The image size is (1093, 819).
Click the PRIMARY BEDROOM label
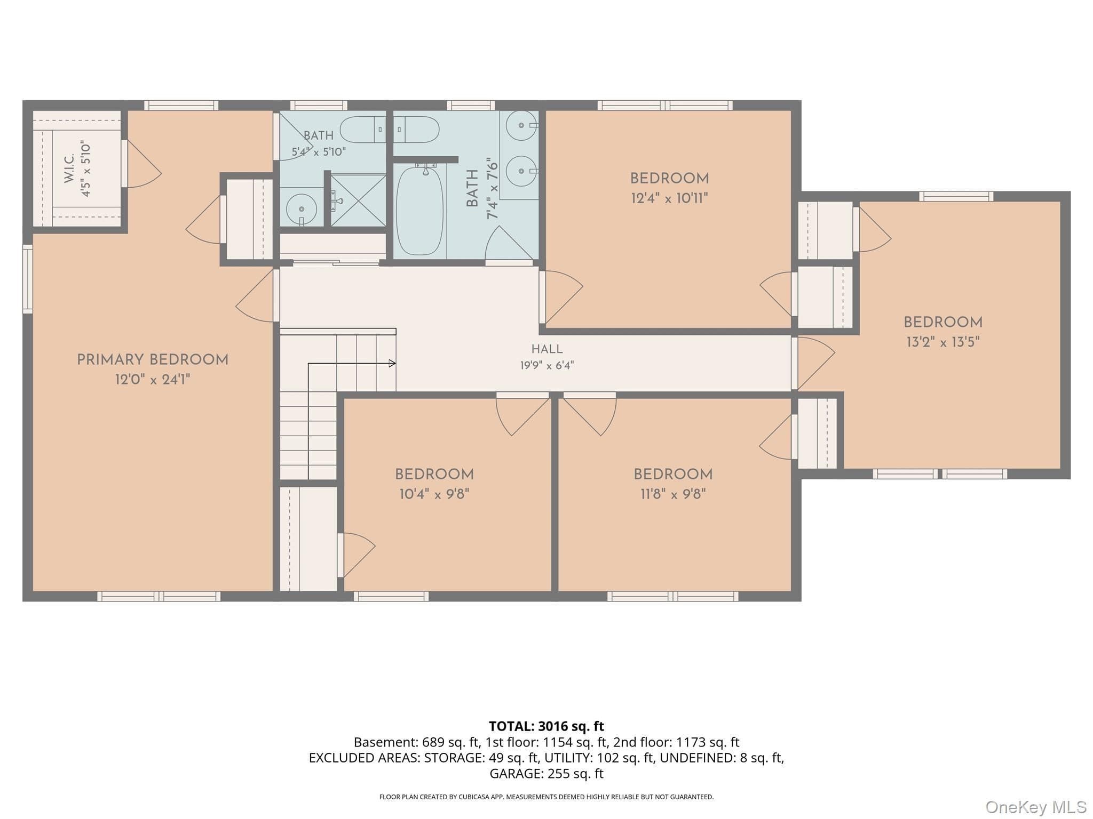153,360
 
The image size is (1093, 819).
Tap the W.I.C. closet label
69,169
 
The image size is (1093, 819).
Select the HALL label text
547,349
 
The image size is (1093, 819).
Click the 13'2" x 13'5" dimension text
943,342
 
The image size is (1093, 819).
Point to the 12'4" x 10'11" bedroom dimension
669,198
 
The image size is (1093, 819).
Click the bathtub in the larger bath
419,211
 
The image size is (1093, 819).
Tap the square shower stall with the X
358,200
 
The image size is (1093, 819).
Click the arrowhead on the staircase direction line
392,364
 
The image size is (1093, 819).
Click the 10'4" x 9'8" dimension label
434,494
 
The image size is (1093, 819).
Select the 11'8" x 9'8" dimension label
673,494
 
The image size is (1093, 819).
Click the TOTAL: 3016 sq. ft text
546,726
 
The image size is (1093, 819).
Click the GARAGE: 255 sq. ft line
546,773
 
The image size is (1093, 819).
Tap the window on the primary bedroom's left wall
27,278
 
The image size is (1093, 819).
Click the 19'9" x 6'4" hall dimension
547,365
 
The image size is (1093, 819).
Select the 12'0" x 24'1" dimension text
153,380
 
